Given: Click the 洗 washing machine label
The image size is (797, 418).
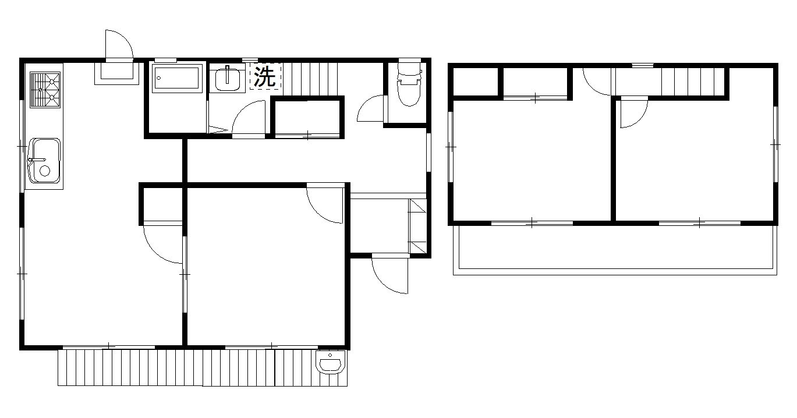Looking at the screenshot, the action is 265,76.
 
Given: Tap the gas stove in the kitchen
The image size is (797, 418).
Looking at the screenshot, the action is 45,90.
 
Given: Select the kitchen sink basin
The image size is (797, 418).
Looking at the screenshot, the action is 44,161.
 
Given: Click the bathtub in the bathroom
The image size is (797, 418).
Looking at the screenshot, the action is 177,78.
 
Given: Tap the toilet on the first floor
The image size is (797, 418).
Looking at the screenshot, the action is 409,84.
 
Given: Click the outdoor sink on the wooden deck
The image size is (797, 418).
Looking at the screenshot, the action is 331,362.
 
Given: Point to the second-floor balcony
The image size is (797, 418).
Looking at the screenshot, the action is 615,250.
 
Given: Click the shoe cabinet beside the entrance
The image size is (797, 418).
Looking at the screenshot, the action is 417,226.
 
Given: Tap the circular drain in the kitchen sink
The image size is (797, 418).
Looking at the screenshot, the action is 45,171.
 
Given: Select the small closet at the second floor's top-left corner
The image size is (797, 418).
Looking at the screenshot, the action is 476,82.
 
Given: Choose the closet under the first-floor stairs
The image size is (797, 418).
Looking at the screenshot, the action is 308,118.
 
